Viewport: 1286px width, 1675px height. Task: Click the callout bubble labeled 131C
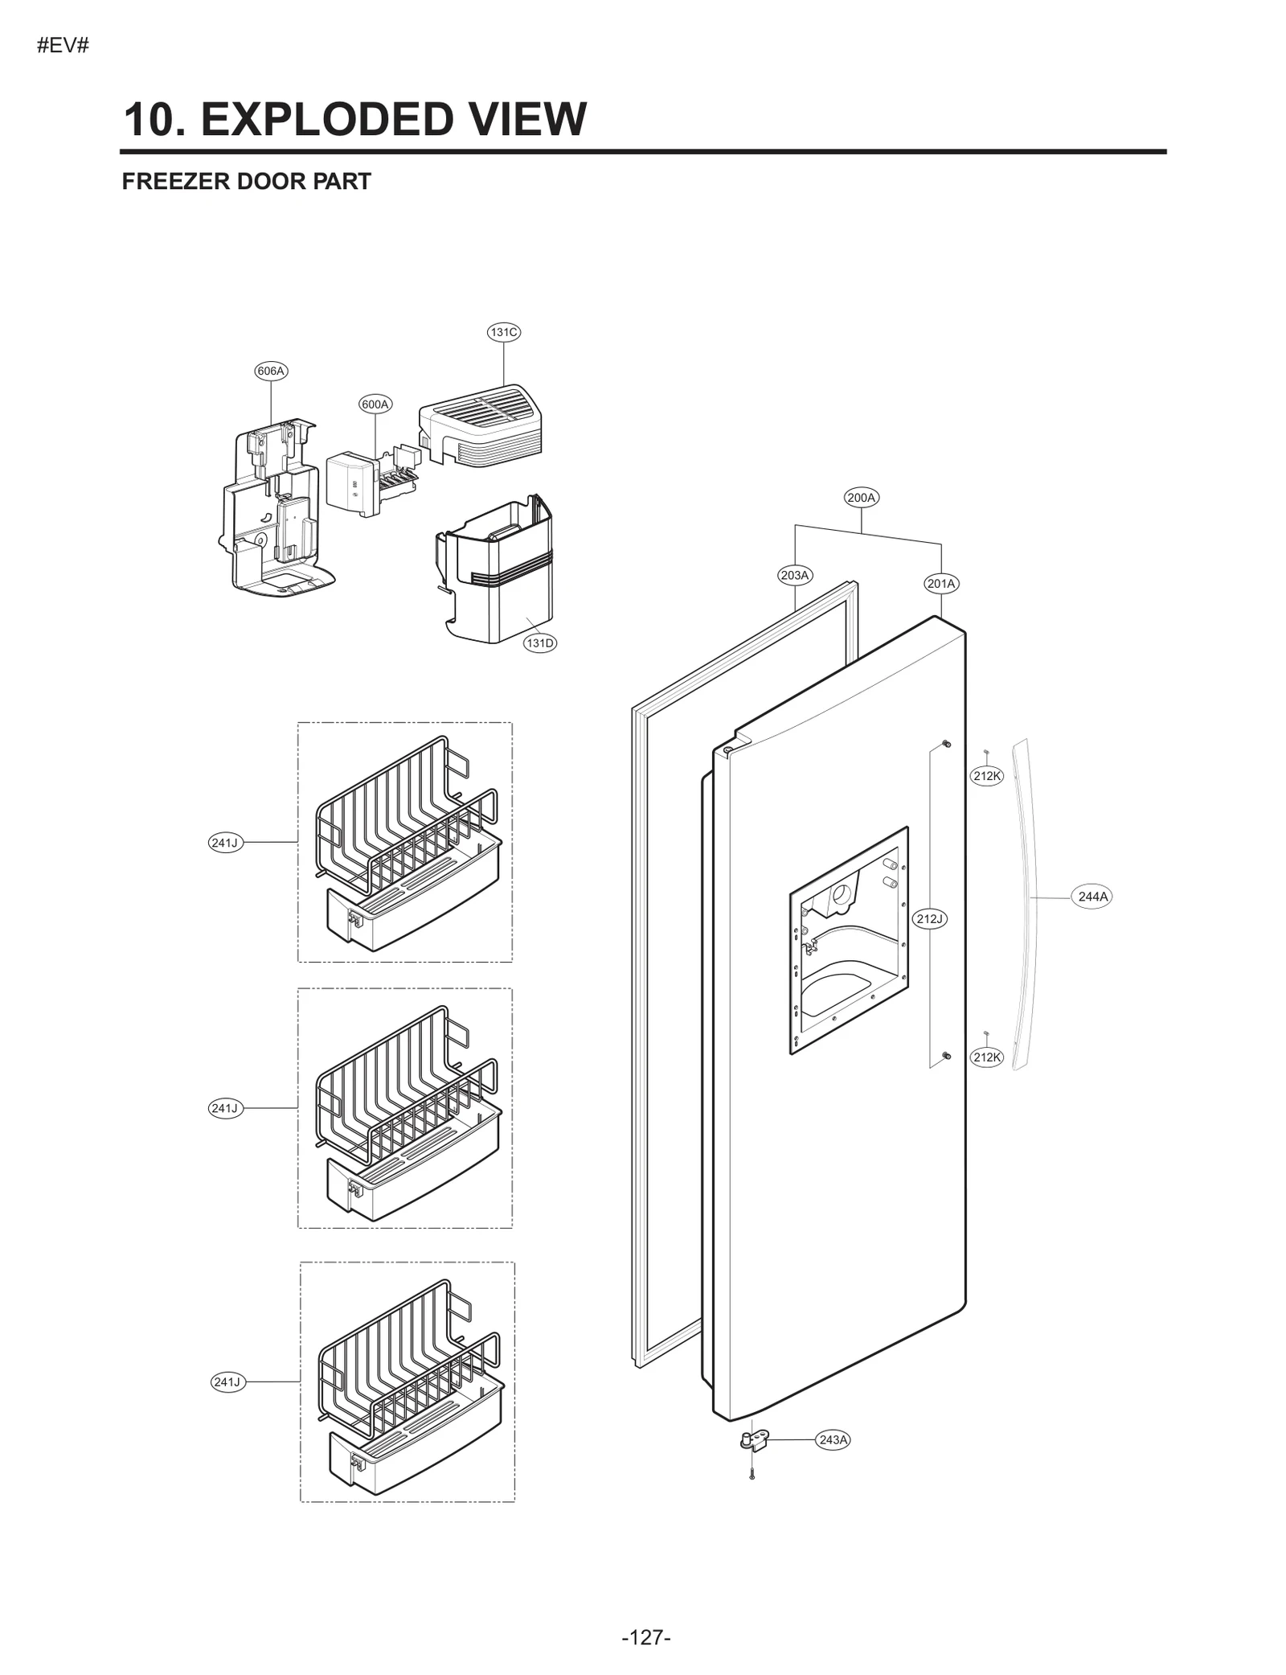pyautogui.click(x=504, y=332)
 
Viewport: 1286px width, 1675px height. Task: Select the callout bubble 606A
pyautogui.click(x=271, y=371)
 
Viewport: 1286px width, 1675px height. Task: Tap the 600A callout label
pyautogui.click(x=375, y=404)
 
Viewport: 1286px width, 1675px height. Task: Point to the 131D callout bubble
pyautogui.click(x=540, y=643)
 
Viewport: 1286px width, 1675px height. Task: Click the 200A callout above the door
pyautogui.click(x=862, y=498)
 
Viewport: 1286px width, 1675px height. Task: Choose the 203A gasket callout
pyautogui.click(x=795, y=575)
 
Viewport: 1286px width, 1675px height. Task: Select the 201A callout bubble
pyautogui.click(x=941, y=584)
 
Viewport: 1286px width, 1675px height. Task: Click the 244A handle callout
pyautogui.click(x=1092, y=897)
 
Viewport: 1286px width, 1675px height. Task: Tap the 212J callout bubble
pyautogui.click(x=930, y=918)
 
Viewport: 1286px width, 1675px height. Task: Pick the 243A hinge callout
pyautogui.click(x=833, y=1439)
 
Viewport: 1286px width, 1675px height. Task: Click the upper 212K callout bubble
pyautogui.click(x=987, y=776)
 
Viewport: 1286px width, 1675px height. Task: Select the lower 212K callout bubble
pyautogui.click(x=987, y=1057)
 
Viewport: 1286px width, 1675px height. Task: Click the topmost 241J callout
pyautogui.click(x=225, y=843)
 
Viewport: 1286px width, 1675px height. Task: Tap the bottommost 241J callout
pyautogui.click(x=227, y=1381)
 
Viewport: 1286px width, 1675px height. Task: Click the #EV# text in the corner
pyautogui.click(x=63, y=46)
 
